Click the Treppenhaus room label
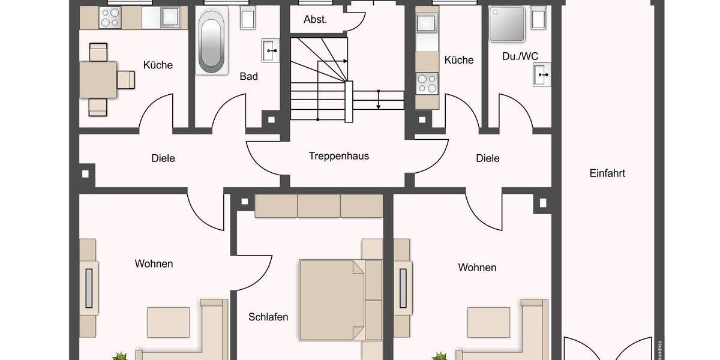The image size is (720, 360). coord(338,156)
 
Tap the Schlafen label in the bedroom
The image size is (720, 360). coord(268,317)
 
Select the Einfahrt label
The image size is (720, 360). coord(607,173)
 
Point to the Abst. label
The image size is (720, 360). coord(315,19)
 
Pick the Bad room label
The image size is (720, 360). coord(248,76)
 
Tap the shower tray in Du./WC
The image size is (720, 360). coord(506,24)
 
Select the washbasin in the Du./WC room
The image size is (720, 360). coord(541,76)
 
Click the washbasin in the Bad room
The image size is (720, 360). coord(271,50)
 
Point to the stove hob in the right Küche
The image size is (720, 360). coord(427,83)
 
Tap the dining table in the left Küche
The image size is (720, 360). coord(98,79)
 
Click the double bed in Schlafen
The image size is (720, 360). coord(331,300)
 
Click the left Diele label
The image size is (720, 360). coord(163,158)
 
